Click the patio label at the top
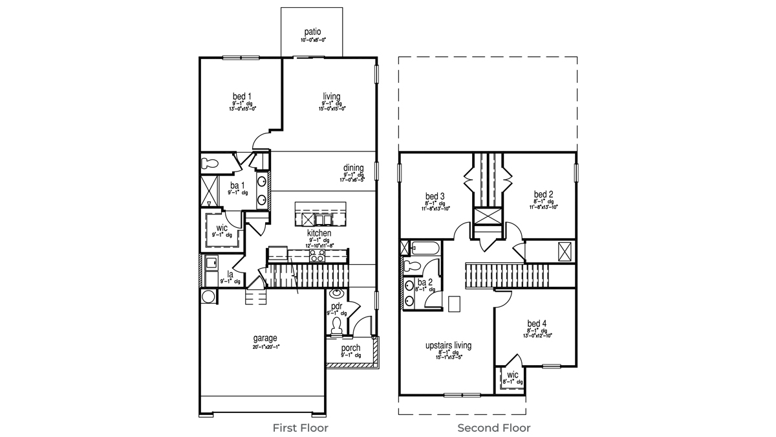313,32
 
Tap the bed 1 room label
242,96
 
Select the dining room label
354,168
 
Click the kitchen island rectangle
320,211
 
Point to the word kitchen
319,233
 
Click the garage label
265,338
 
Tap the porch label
351,348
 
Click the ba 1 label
235,186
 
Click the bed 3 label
435,196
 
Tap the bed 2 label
543,194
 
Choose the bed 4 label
537,324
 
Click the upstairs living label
448,346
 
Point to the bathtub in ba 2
424,248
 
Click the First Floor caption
299,428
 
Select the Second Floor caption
494,428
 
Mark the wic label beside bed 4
512,375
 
